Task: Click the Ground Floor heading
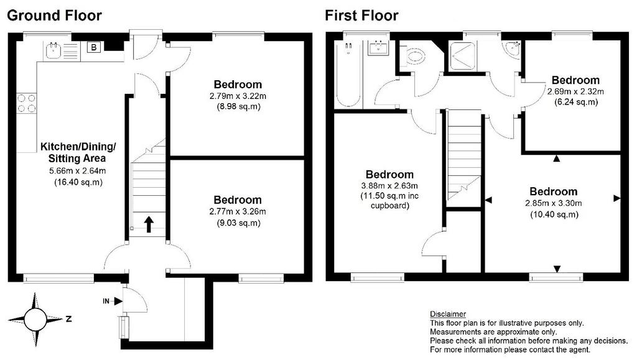pos(55,16)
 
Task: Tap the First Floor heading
pos(361,16)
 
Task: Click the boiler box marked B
pos(94,47)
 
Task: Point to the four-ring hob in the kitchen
pos(26,103)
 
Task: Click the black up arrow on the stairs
pos(149,224)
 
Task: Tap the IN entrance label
pos(106,301)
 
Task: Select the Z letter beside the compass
pos(68,319)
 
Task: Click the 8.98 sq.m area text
pos(238,107)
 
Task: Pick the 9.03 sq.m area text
pos(238,223)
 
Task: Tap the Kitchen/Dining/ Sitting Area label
pos(78,152)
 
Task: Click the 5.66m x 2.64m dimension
pos(78,171)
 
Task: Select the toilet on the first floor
pos(414,55)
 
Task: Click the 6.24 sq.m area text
pos(576,102)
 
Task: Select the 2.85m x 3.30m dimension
pos(553,203)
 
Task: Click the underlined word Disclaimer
pos(448,314)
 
